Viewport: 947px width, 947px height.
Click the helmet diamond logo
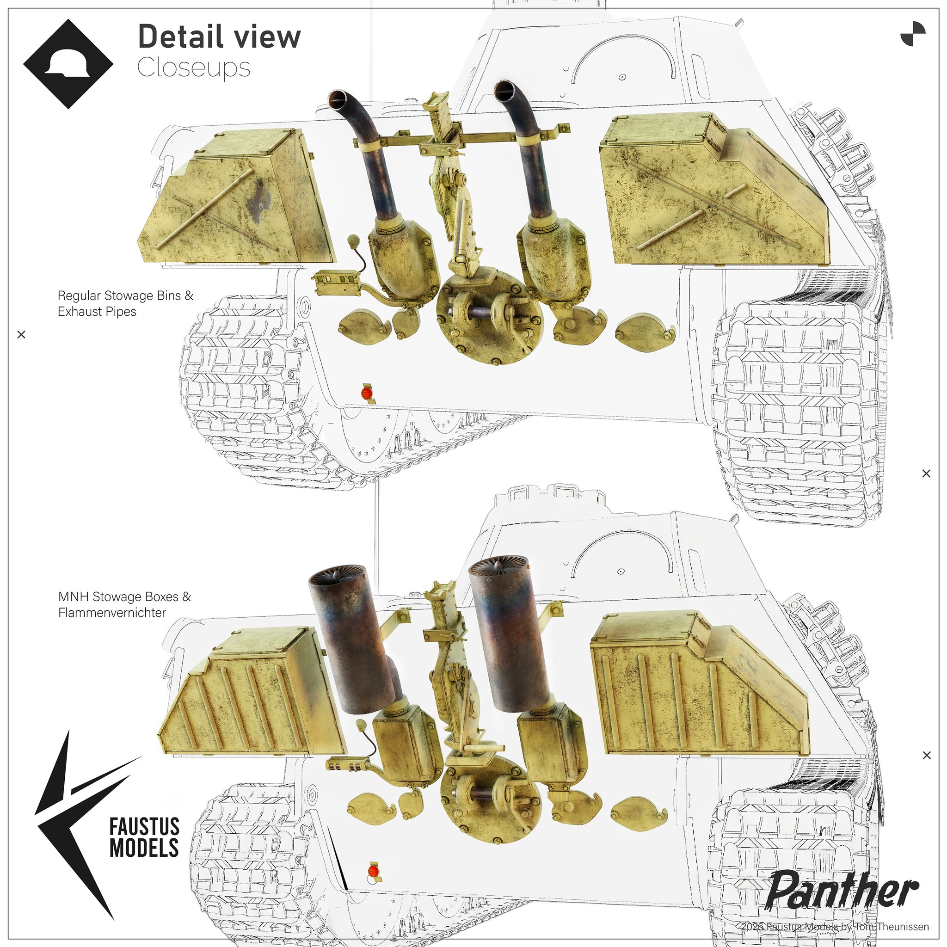click(68, 64)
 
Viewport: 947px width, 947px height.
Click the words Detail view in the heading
click(219, 37)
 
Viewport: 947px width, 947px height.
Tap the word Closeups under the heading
click(194, 68)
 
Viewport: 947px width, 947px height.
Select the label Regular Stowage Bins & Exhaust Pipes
click(125, 303)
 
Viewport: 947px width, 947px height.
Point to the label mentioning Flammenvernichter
click(124, 604)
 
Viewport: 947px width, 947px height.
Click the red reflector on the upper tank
click(367, 393)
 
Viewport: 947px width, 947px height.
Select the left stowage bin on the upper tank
click(236, 196)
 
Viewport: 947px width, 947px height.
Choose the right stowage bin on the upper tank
click(713, 189)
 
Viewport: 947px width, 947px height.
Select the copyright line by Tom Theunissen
click(835, 926)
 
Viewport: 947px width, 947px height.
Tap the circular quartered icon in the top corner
click(913, 34)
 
